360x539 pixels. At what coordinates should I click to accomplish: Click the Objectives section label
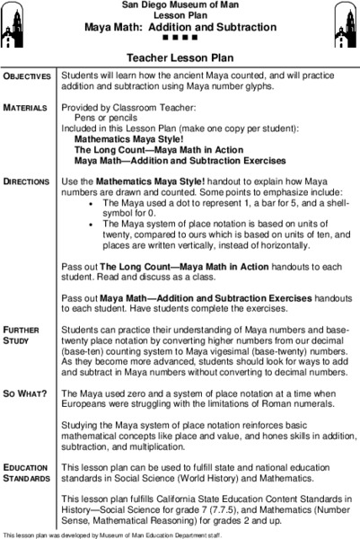point(29,77)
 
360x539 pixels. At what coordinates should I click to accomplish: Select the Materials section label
point(27,108)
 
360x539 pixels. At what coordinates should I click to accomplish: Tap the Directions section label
point(29,181)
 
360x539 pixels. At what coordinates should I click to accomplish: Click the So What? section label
point(27,393)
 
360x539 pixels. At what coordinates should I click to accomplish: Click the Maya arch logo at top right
point(342,18)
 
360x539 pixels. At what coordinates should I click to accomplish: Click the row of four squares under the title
point(180,36)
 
